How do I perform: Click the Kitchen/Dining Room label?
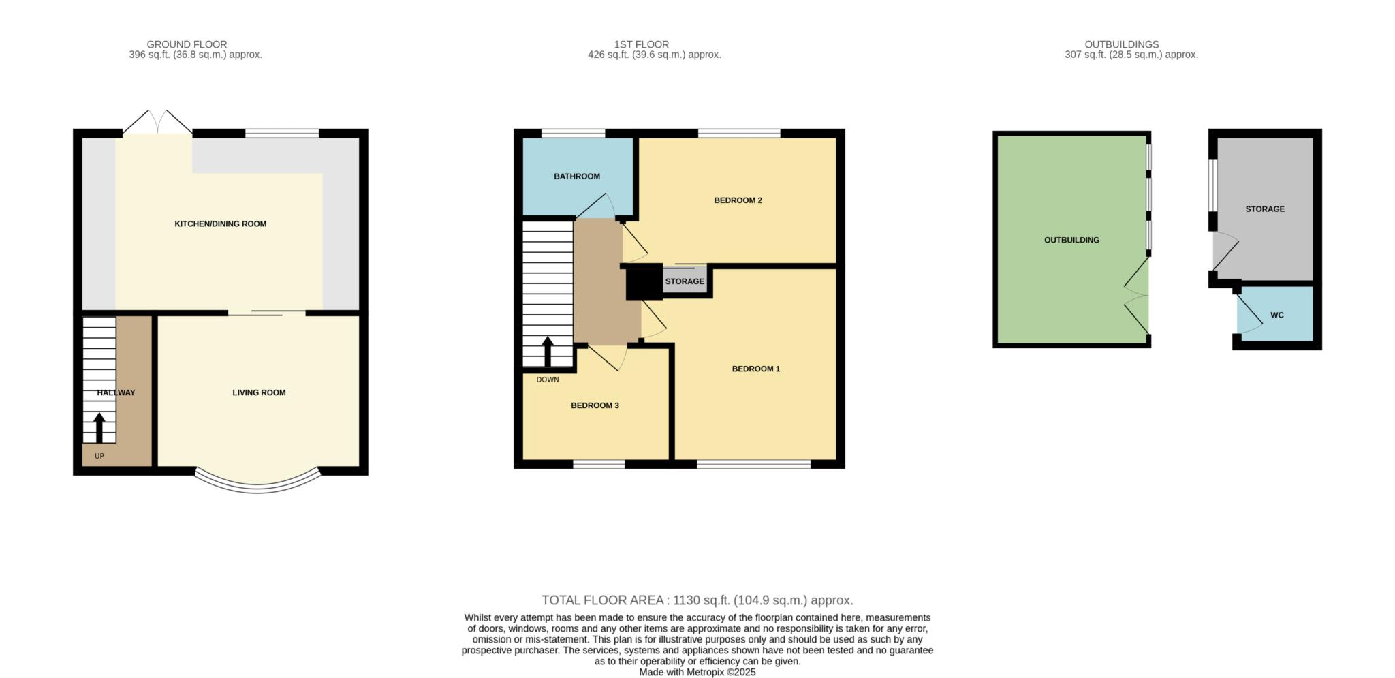coord(220,224)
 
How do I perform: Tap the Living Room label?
coord(259,392)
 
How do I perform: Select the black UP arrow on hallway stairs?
coord(99,428)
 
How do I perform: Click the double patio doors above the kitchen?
coord(157,123)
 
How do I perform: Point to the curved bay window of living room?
coord(257,485)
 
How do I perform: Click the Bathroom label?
coord(576,176)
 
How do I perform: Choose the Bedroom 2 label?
coord(738,200)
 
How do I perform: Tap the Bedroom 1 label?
coord(755,369)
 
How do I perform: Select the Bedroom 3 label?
coord(595,405)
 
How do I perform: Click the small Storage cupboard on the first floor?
coord(685,281)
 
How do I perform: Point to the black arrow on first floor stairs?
coord(547,352)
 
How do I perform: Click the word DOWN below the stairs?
coord(547,380)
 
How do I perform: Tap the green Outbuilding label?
coord(1071,240)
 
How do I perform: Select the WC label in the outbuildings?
coord(1276,315)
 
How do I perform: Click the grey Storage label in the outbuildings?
coord(1265,209)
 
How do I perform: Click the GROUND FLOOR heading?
coord(187,44)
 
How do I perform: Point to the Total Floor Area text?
coord(697,600)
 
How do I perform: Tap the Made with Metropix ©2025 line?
coord(697,672)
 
